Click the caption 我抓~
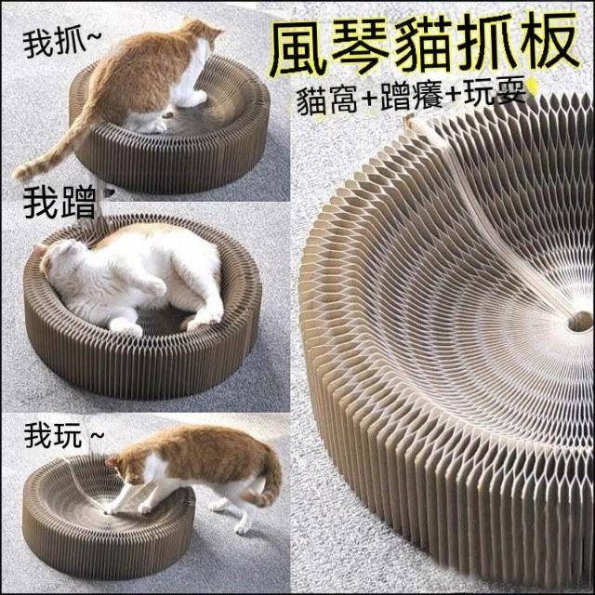pyautogui.click(x=62, y=45)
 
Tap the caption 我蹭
pyautogui.click(x=59, y=204)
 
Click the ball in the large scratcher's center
pyautogui.click(x=580, y=321)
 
